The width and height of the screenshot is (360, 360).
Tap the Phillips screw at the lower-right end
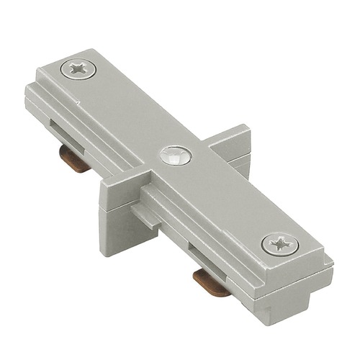(x=279, y=244)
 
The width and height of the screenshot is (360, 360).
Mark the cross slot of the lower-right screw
(x=279, y=244)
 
